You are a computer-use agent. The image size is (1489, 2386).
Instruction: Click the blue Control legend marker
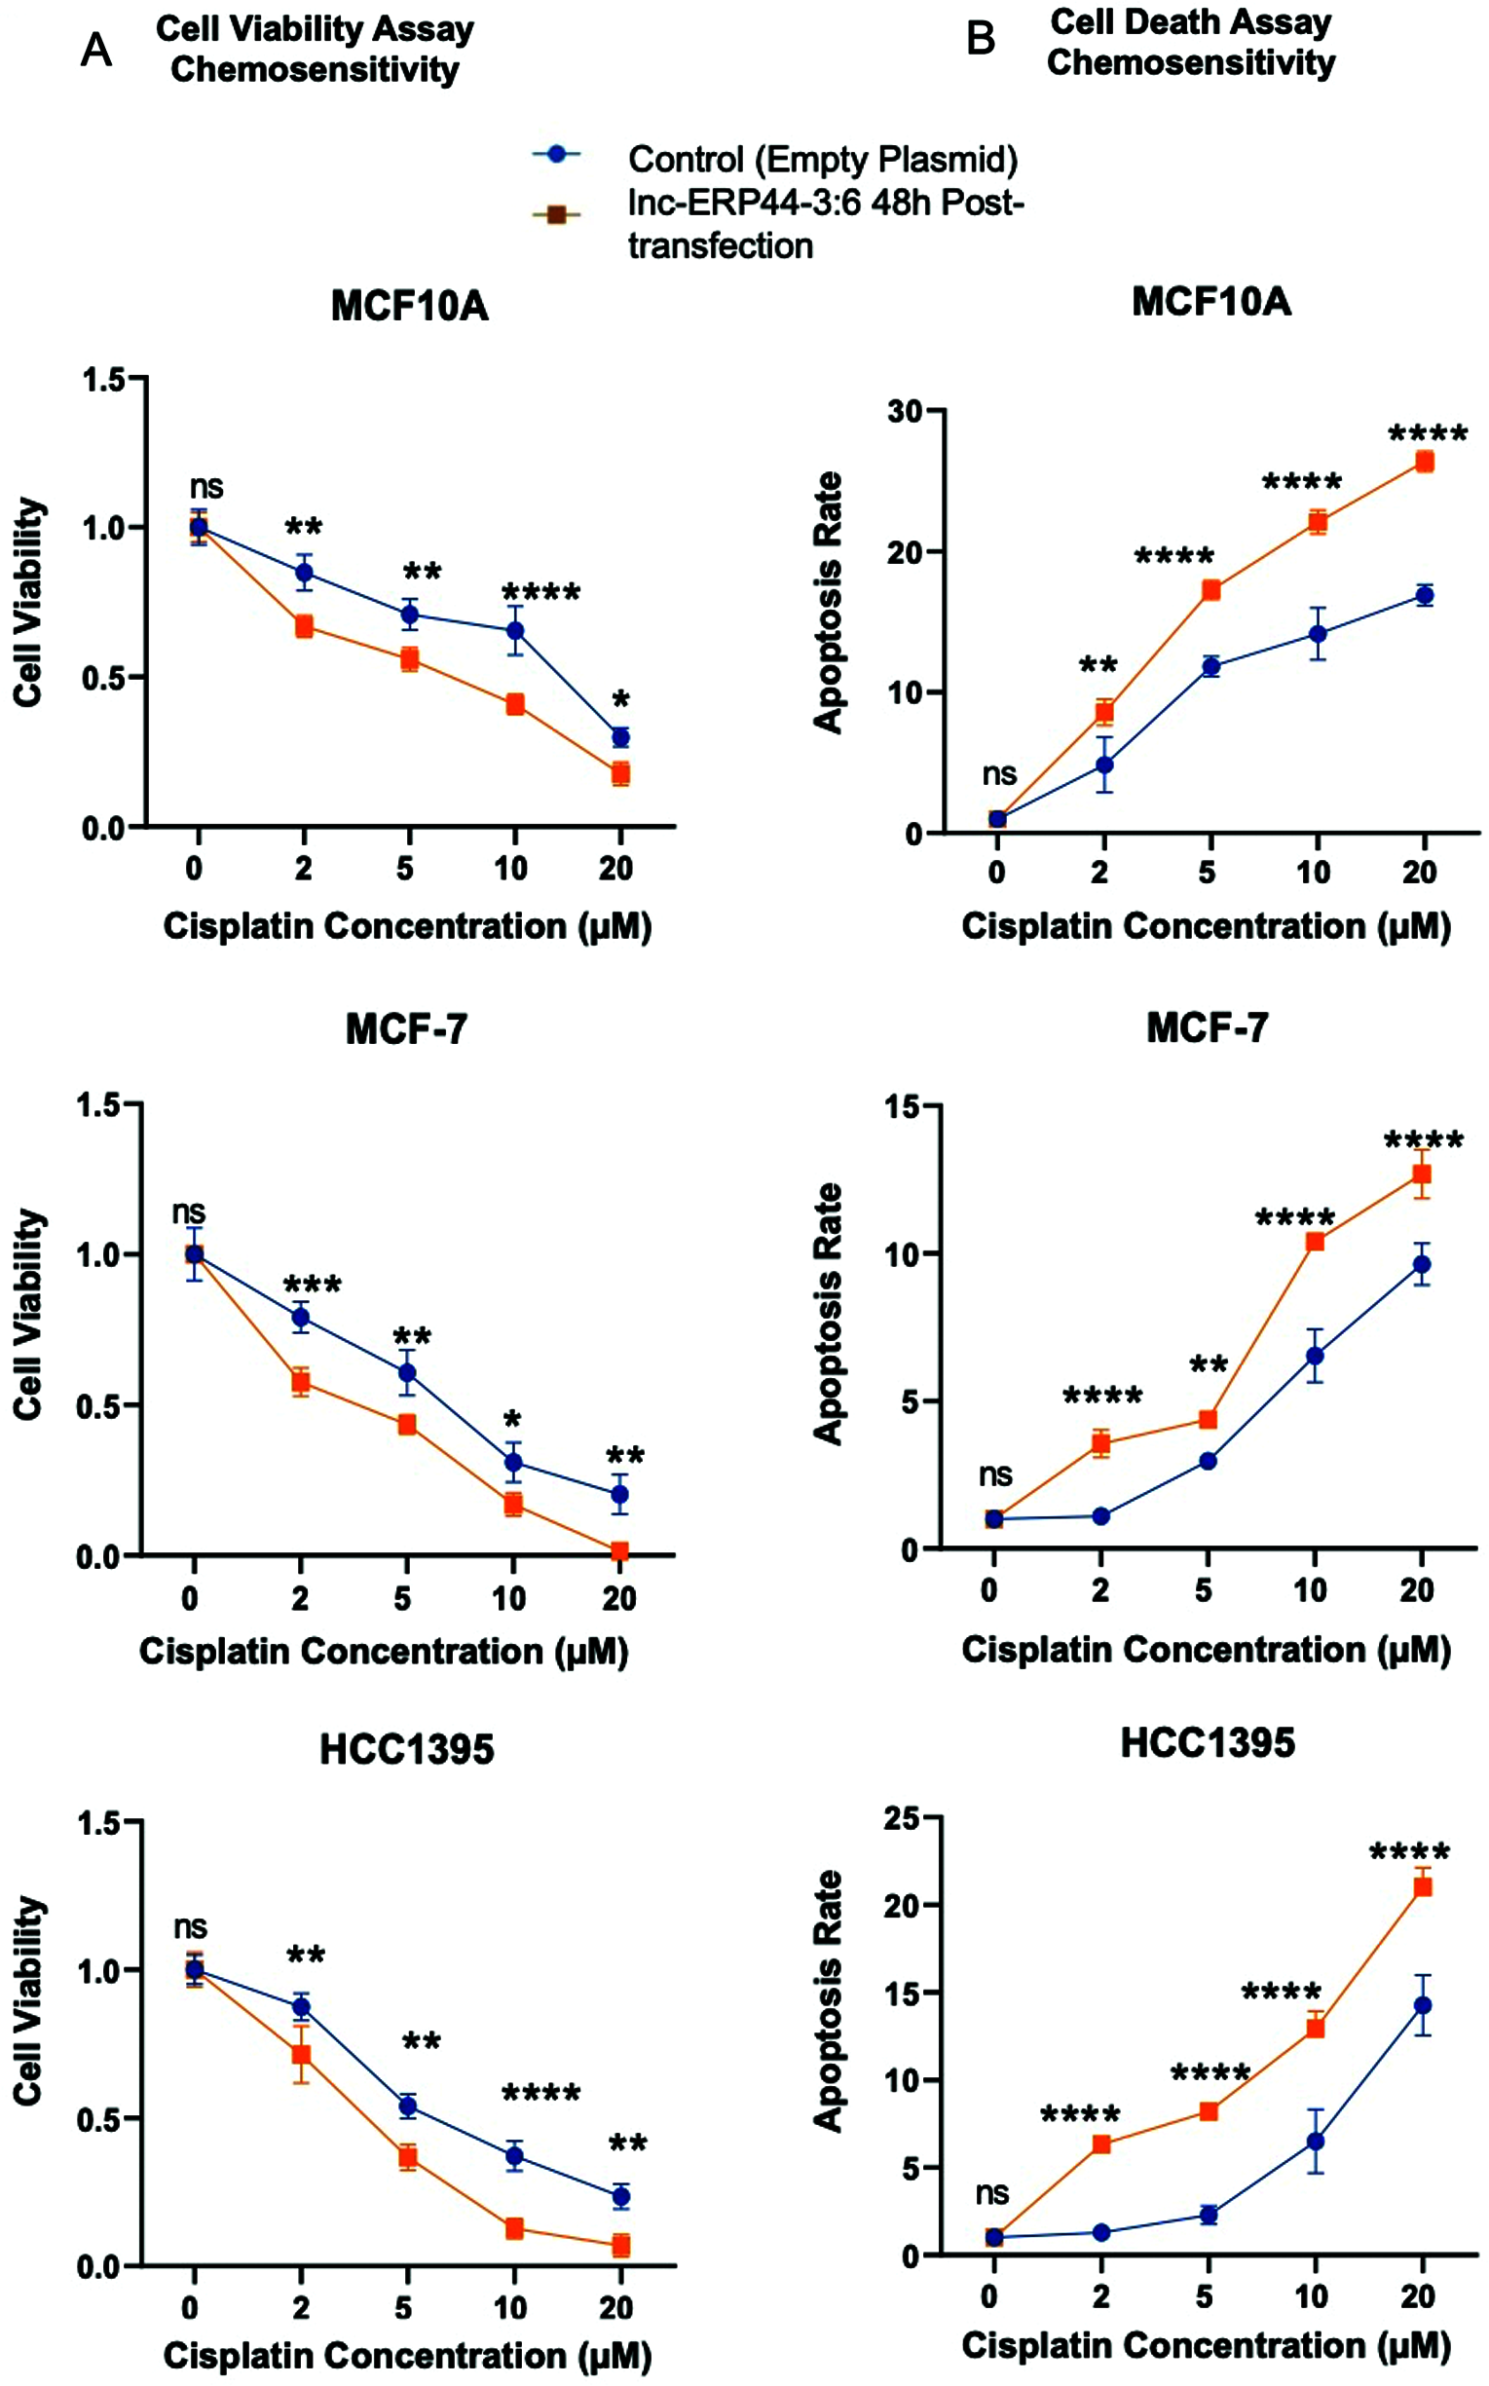click(556, 155)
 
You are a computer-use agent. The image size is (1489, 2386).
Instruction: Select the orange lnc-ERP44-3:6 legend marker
click(556, 214)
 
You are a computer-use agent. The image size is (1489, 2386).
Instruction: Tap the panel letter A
click(95, 50)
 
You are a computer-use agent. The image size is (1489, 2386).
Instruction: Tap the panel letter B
click(981, 39)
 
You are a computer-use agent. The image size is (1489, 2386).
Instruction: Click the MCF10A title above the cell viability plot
click(409, 306)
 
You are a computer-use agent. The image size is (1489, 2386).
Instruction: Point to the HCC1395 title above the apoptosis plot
click(1208, 1743)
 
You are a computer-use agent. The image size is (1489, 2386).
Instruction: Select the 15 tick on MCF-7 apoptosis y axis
click(904, 1107)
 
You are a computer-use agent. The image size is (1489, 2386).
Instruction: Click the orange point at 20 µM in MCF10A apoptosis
click(1424, 462)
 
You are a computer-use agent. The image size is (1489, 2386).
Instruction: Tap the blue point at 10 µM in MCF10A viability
click(514, 631)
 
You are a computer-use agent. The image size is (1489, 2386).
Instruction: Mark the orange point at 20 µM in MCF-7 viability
click(619, 1552)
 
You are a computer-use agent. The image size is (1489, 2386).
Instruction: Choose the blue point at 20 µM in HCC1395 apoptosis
click(1422, 2006)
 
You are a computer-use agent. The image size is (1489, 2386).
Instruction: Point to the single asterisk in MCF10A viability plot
click(620, 700)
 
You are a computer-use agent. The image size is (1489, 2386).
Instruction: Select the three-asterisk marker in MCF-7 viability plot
click(313, 1286)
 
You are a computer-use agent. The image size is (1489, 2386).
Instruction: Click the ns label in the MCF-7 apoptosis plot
click(995, 1475)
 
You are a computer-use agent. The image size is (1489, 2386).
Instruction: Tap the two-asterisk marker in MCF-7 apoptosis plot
click(1209, 1365)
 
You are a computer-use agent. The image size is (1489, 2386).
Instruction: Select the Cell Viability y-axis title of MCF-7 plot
click(29, 1315)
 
